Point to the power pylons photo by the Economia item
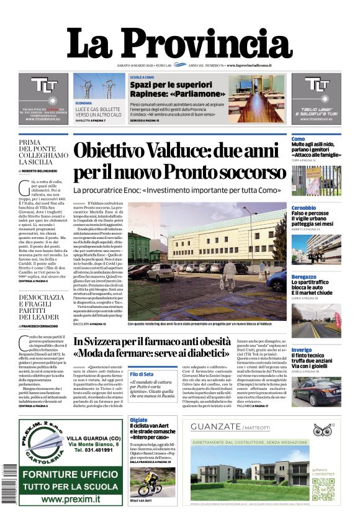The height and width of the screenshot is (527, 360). click(91, 87)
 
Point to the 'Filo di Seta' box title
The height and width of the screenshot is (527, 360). click(142, 374)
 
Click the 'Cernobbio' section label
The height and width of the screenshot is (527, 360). click(304, 208)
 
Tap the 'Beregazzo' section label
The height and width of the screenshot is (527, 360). click(304, 277)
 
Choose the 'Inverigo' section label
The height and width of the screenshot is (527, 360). click(302, 350)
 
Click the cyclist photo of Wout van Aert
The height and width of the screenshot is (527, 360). click(148, 481)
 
